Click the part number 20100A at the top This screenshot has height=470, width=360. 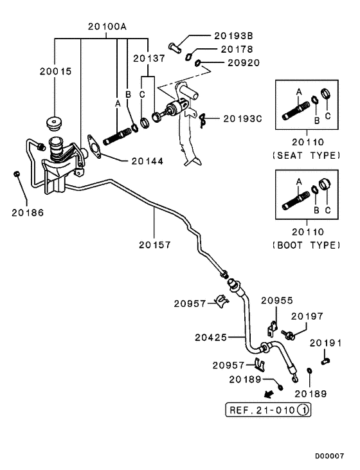[107, 26]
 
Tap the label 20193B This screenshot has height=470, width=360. [233, 35]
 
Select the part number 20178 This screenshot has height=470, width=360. [237, 49]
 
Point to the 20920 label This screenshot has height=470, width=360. [244, 62]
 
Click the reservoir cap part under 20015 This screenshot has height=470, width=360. [54, 123]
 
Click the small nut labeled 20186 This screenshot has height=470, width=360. [17, 174]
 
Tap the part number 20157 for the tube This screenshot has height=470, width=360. [155, 245]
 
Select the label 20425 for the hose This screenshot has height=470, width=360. [211, 338]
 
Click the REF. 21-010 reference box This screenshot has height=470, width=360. [268, 410]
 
